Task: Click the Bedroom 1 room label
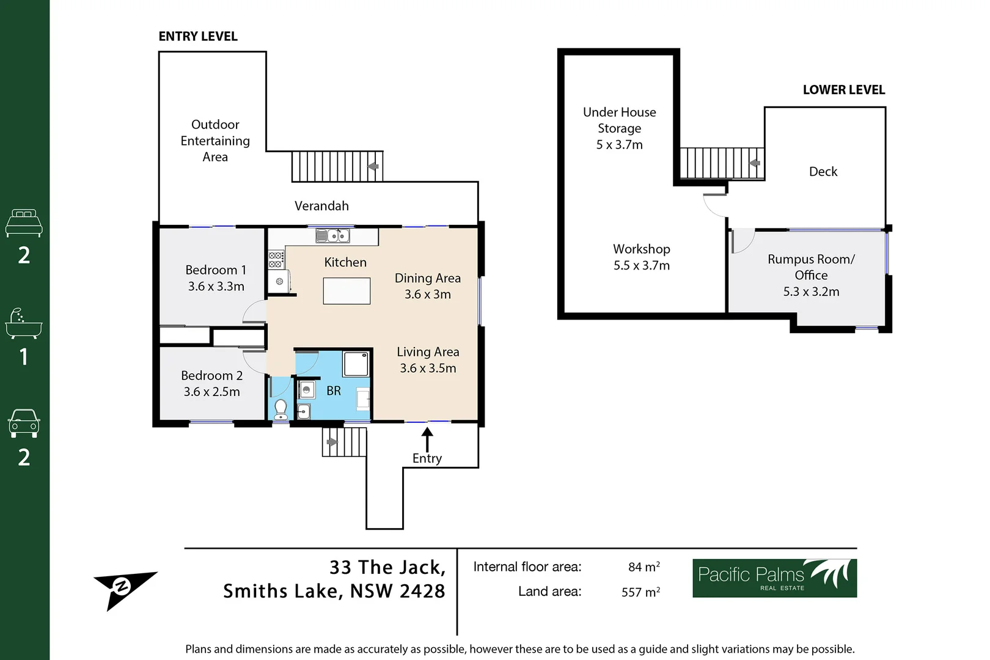216,269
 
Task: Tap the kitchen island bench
346,291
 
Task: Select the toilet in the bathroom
281,408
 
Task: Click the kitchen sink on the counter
332,235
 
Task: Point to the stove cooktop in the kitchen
276,260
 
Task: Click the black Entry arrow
427,439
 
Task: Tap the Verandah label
321,206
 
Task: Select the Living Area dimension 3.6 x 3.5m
428,368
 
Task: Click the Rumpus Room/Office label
811,267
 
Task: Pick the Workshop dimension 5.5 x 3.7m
642,265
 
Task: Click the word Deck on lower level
823,172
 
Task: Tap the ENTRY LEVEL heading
198,37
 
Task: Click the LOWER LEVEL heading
843,90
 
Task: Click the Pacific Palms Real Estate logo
774,578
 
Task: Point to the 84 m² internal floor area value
643,567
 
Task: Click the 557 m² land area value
640,592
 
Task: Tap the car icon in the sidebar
24,423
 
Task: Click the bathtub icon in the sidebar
24,324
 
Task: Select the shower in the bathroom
356,364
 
